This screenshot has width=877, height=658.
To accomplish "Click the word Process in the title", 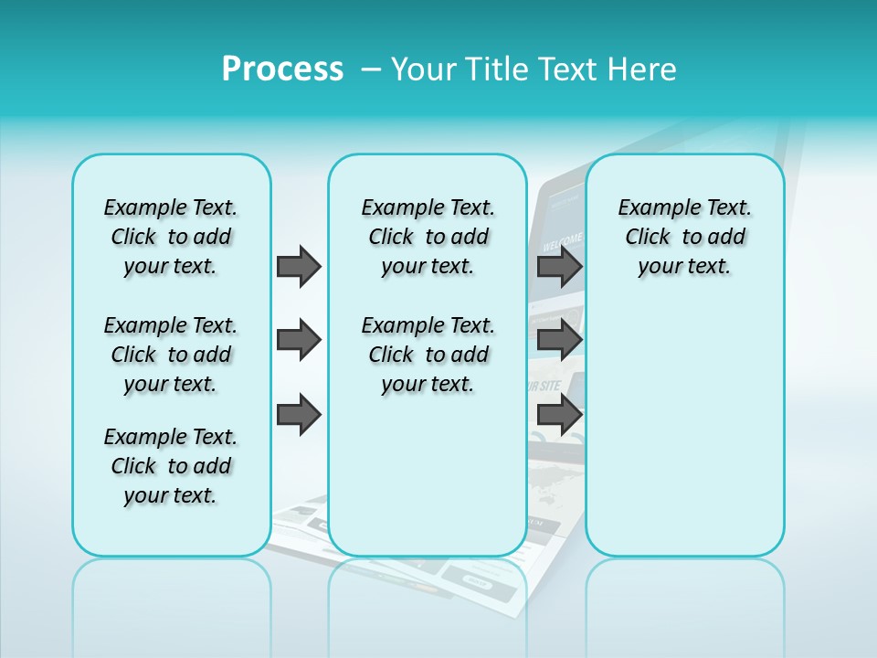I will pyautogui.click(x=282, y=69).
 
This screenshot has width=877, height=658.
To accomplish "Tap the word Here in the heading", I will pyautogui.click(x=643, y=69).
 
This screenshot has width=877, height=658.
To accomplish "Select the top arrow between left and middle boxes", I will pyautogui.click(x=299, y=266).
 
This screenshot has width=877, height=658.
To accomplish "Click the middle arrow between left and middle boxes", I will pyautogui.click(x=299, y=340).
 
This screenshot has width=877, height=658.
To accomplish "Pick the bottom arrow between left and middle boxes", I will pyautogui.click(x=299, y=415).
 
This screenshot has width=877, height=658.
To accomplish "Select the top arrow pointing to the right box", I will pyautogui.click(x=559, y=266).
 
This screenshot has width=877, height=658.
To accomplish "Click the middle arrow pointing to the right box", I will pyautogui.click(x=559, y=340).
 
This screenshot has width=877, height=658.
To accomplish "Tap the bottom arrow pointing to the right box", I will pyautogui.click(x=559, y=415).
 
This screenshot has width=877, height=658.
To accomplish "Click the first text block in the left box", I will pyautogui.click(x=171, y=237).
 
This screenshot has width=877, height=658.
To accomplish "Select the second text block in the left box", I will pyautogui.click(x=171, y=355).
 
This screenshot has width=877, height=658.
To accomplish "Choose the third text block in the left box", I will pyautogui.click(x=171, y=466).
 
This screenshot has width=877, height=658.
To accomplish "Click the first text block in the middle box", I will pyautogui.click(x=428, y=237).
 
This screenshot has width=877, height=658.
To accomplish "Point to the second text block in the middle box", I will pyautogui.click(x=428, y=355).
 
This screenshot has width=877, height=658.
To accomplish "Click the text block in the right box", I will pyautogui.click(x=684, y=237).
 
